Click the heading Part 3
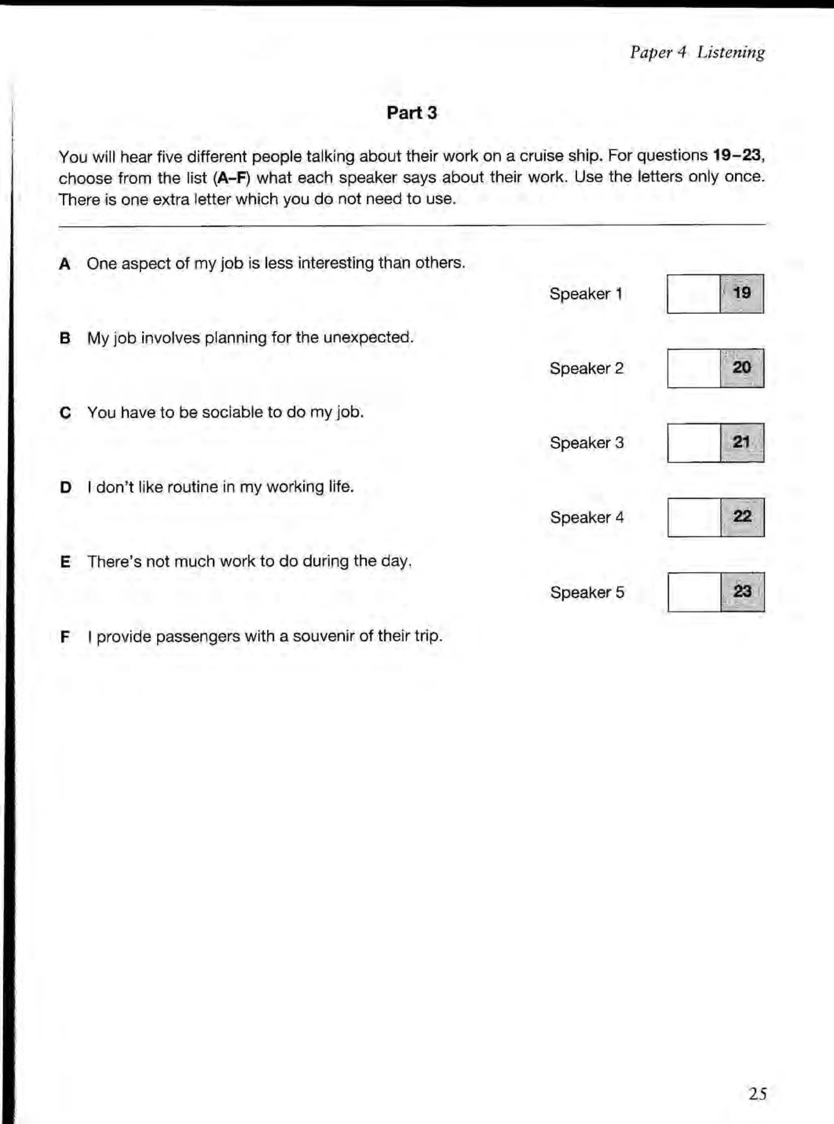(x=411, y=112)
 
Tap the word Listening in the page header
(x=731, y=52)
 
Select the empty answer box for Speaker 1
(x=693, y=293)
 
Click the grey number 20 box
(x=742, y=368)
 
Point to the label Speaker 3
(x=587, y=443)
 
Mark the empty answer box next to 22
(x=694, y=517)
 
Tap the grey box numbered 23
(x=742, y=592)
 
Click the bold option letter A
(x=65, y=264)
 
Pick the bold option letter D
(x=65, y=487)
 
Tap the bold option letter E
(x=65, y=562)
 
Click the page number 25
(x=757, y=1094)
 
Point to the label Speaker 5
(x=587, y=592)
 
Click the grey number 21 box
(x=742, y=443)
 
